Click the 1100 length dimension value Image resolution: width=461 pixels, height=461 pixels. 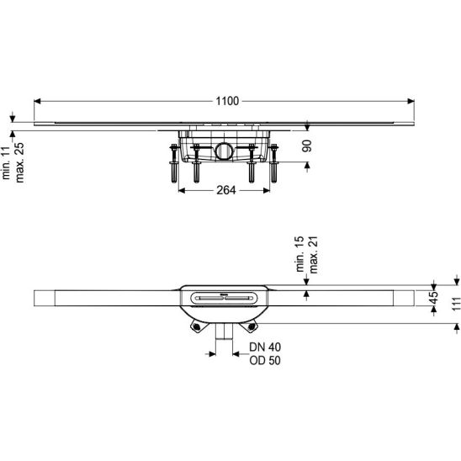tap(227, 102)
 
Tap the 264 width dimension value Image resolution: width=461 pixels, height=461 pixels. tap(226, 190)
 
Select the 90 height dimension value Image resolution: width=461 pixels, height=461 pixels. tap(307, 146)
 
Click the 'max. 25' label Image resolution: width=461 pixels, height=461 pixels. tap(19, 162)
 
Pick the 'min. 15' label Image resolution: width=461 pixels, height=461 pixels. tap(299, 254)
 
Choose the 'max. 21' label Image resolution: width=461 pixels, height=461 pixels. tap(314, 255)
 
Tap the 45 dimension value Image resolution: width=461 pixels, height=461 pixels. tap(433, 298)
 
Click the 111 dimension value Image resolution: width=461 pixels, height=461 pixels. tap(456, 304)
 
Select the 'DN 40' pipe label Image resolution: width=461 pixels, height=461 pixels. tap(265, 347)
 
